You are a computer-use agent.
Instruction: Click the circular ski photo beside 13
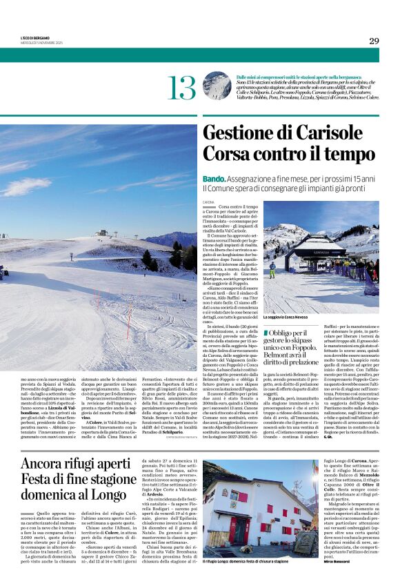pyautogui.click(x=217, y=86)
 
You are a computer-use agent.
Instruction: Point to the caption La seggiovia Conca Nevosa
pyautogui.click(x=294, y=318)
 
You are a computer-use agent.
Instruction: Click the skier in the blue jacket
pyautogui.click(x=272, y=269)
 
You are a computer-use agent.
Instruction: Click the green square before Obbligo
pyautogui.click(x=266, y=333)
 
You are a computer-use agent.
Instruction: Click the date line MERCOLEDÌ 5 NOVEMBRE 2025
pyautogui.click(x=42, y=43)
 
